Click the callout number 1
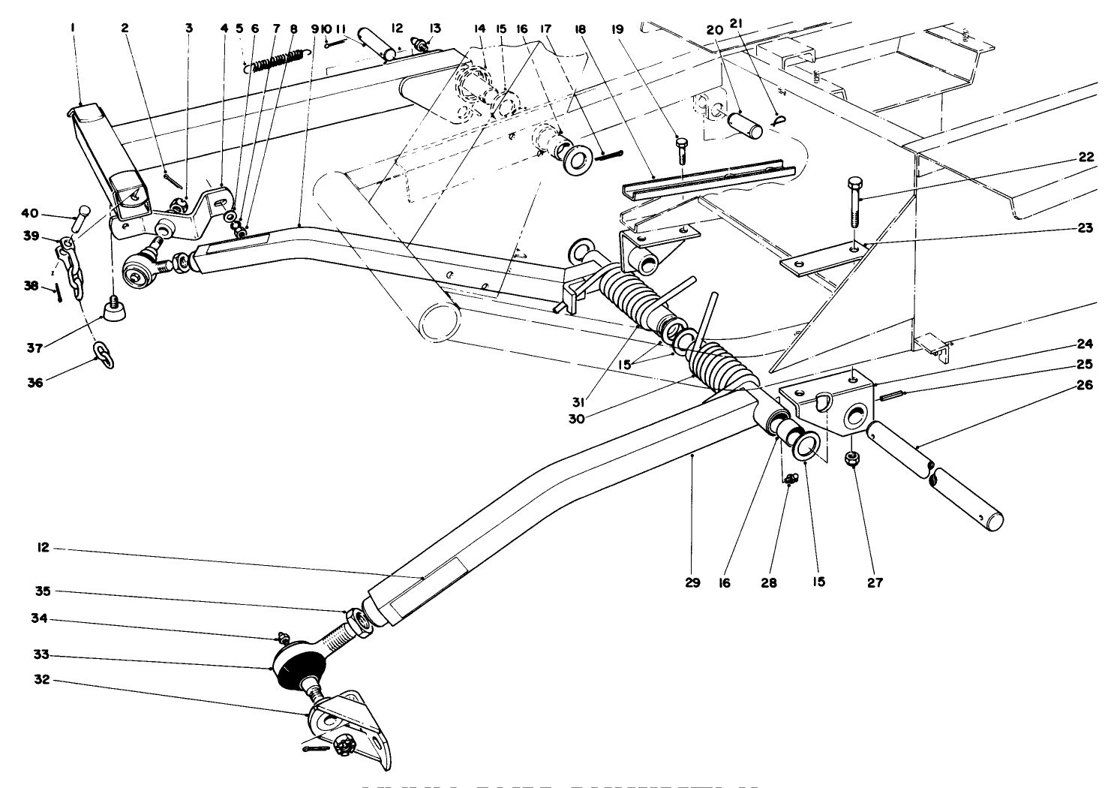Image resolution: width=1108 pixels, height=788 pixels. click(74, 28)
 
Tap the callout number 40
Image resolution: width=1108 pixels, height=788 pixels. click(34, 214)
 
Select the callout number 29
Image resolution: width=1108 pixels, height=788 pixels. click(692, 582)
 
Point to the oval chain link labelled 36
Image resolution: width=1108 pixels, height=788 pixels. click(104, 354)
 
